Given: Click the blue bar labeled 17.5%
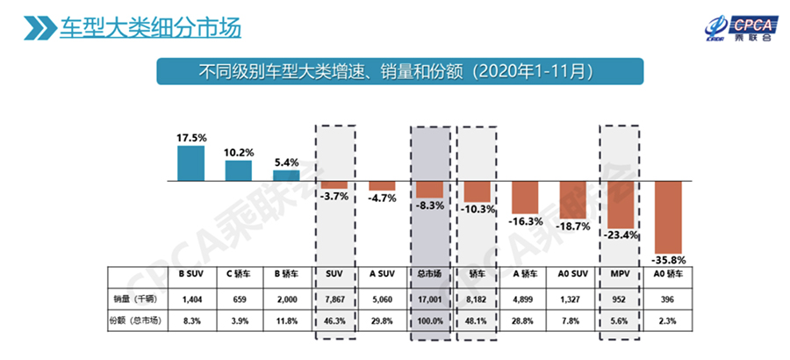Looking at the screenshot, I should (190, 163).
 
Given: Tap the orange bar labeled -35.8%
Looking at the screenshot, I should (668, 216).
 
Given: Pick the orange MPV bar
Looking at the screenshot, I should (621, 203).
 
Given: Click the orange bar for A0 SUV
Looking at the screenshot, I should (573, 197).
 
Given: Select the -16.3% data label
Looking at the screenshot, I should (525, 221).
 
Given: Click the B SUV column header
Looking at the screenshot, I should (191, 275).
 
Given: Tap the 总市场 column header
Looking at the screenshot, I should (429, 275).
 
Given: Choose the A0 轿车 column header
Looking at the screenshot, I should (668, 275).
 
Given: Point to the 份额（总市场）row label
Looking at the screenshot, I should (138, 322).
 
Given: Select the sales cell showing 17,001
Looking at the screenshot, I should (429, 299).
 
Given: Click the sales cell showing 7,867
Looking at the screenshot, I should (334, 299).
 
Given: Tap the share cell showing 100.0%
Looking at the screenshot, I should (429, 322).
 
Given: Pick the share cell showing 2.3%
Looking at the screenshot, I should (668, 322).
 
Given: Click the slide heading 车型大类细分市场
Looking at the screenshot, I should (149, 25).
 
